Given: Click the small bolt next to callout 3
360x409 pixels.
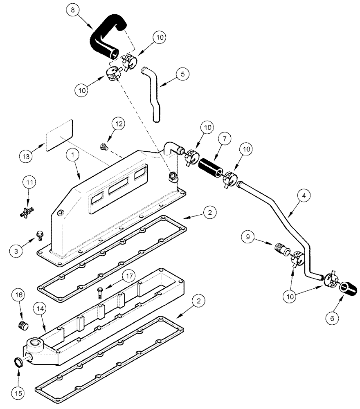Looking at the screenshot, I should [40, 235].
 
